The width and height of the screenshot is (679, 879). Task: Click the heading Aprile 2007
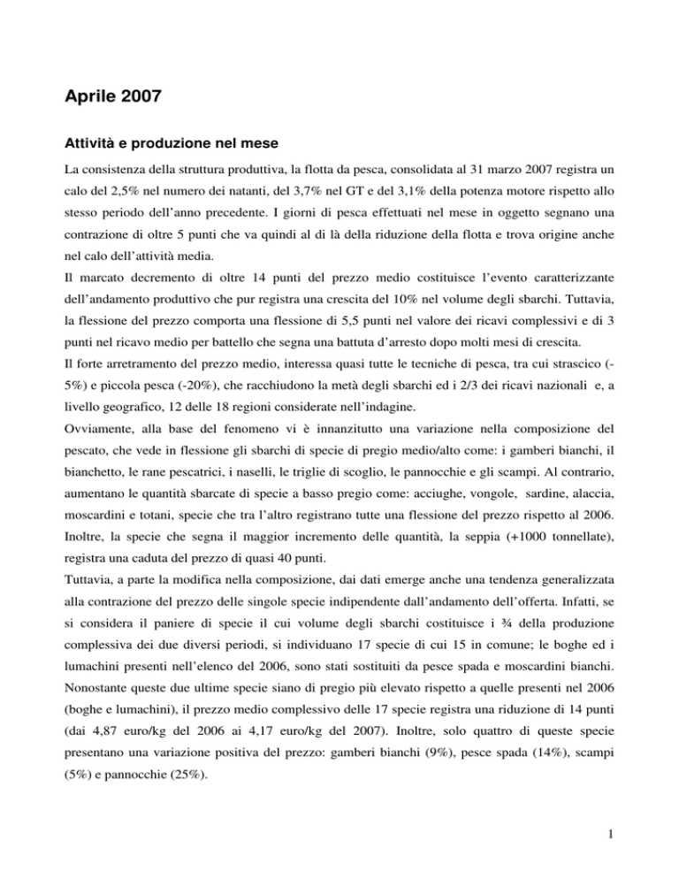point(111,95)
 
